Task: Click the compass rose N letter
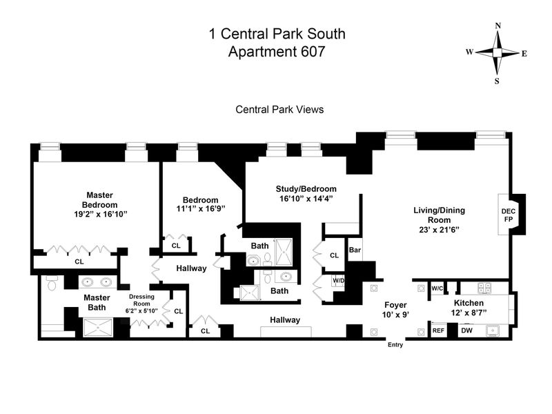coord(497,26)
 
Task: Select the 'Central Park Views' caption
coord(279,109)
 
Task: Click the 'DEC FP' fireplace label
coord(508,215)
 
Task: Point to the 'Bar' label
coord(355,249)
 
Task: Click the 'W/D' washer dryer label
coord(338,281)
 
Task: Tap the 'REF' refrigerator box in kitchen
coord(438,331)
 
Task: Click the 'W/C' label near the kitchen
coord(437,288)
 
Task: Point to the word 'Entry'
coord(395,344)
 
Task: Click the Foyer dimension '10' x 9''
coord(395,314)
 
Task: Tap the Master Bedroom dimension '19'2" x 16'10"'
coord(99,215)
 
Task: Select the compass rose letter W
coord(469,52)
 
